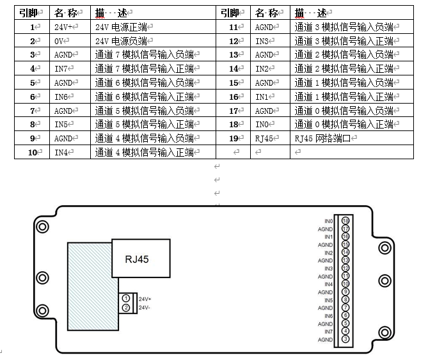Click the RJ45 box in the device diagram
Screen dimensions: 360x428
[141, 260]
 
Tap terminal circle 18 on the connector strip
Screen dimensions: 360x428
[345, 221]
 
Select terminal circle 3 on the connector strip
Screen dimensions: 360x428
[345, 339]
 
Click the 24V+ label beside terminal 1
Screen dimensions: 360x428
[144, 299]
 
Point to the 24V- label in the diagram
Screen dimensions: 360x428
[144, 308]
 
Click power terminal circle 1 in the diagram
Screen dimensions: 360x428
[126, 299]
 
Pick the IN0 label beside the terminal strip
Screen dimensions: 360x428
[328, 221]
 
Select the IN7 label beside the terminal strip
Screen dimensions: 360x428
[328, 331]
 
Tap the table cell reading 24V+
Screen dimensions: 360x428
[65, 27]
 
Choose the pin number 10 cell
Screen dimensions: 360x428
[32, 152]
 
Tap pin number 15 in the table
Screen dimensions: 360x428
[233, 83]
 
